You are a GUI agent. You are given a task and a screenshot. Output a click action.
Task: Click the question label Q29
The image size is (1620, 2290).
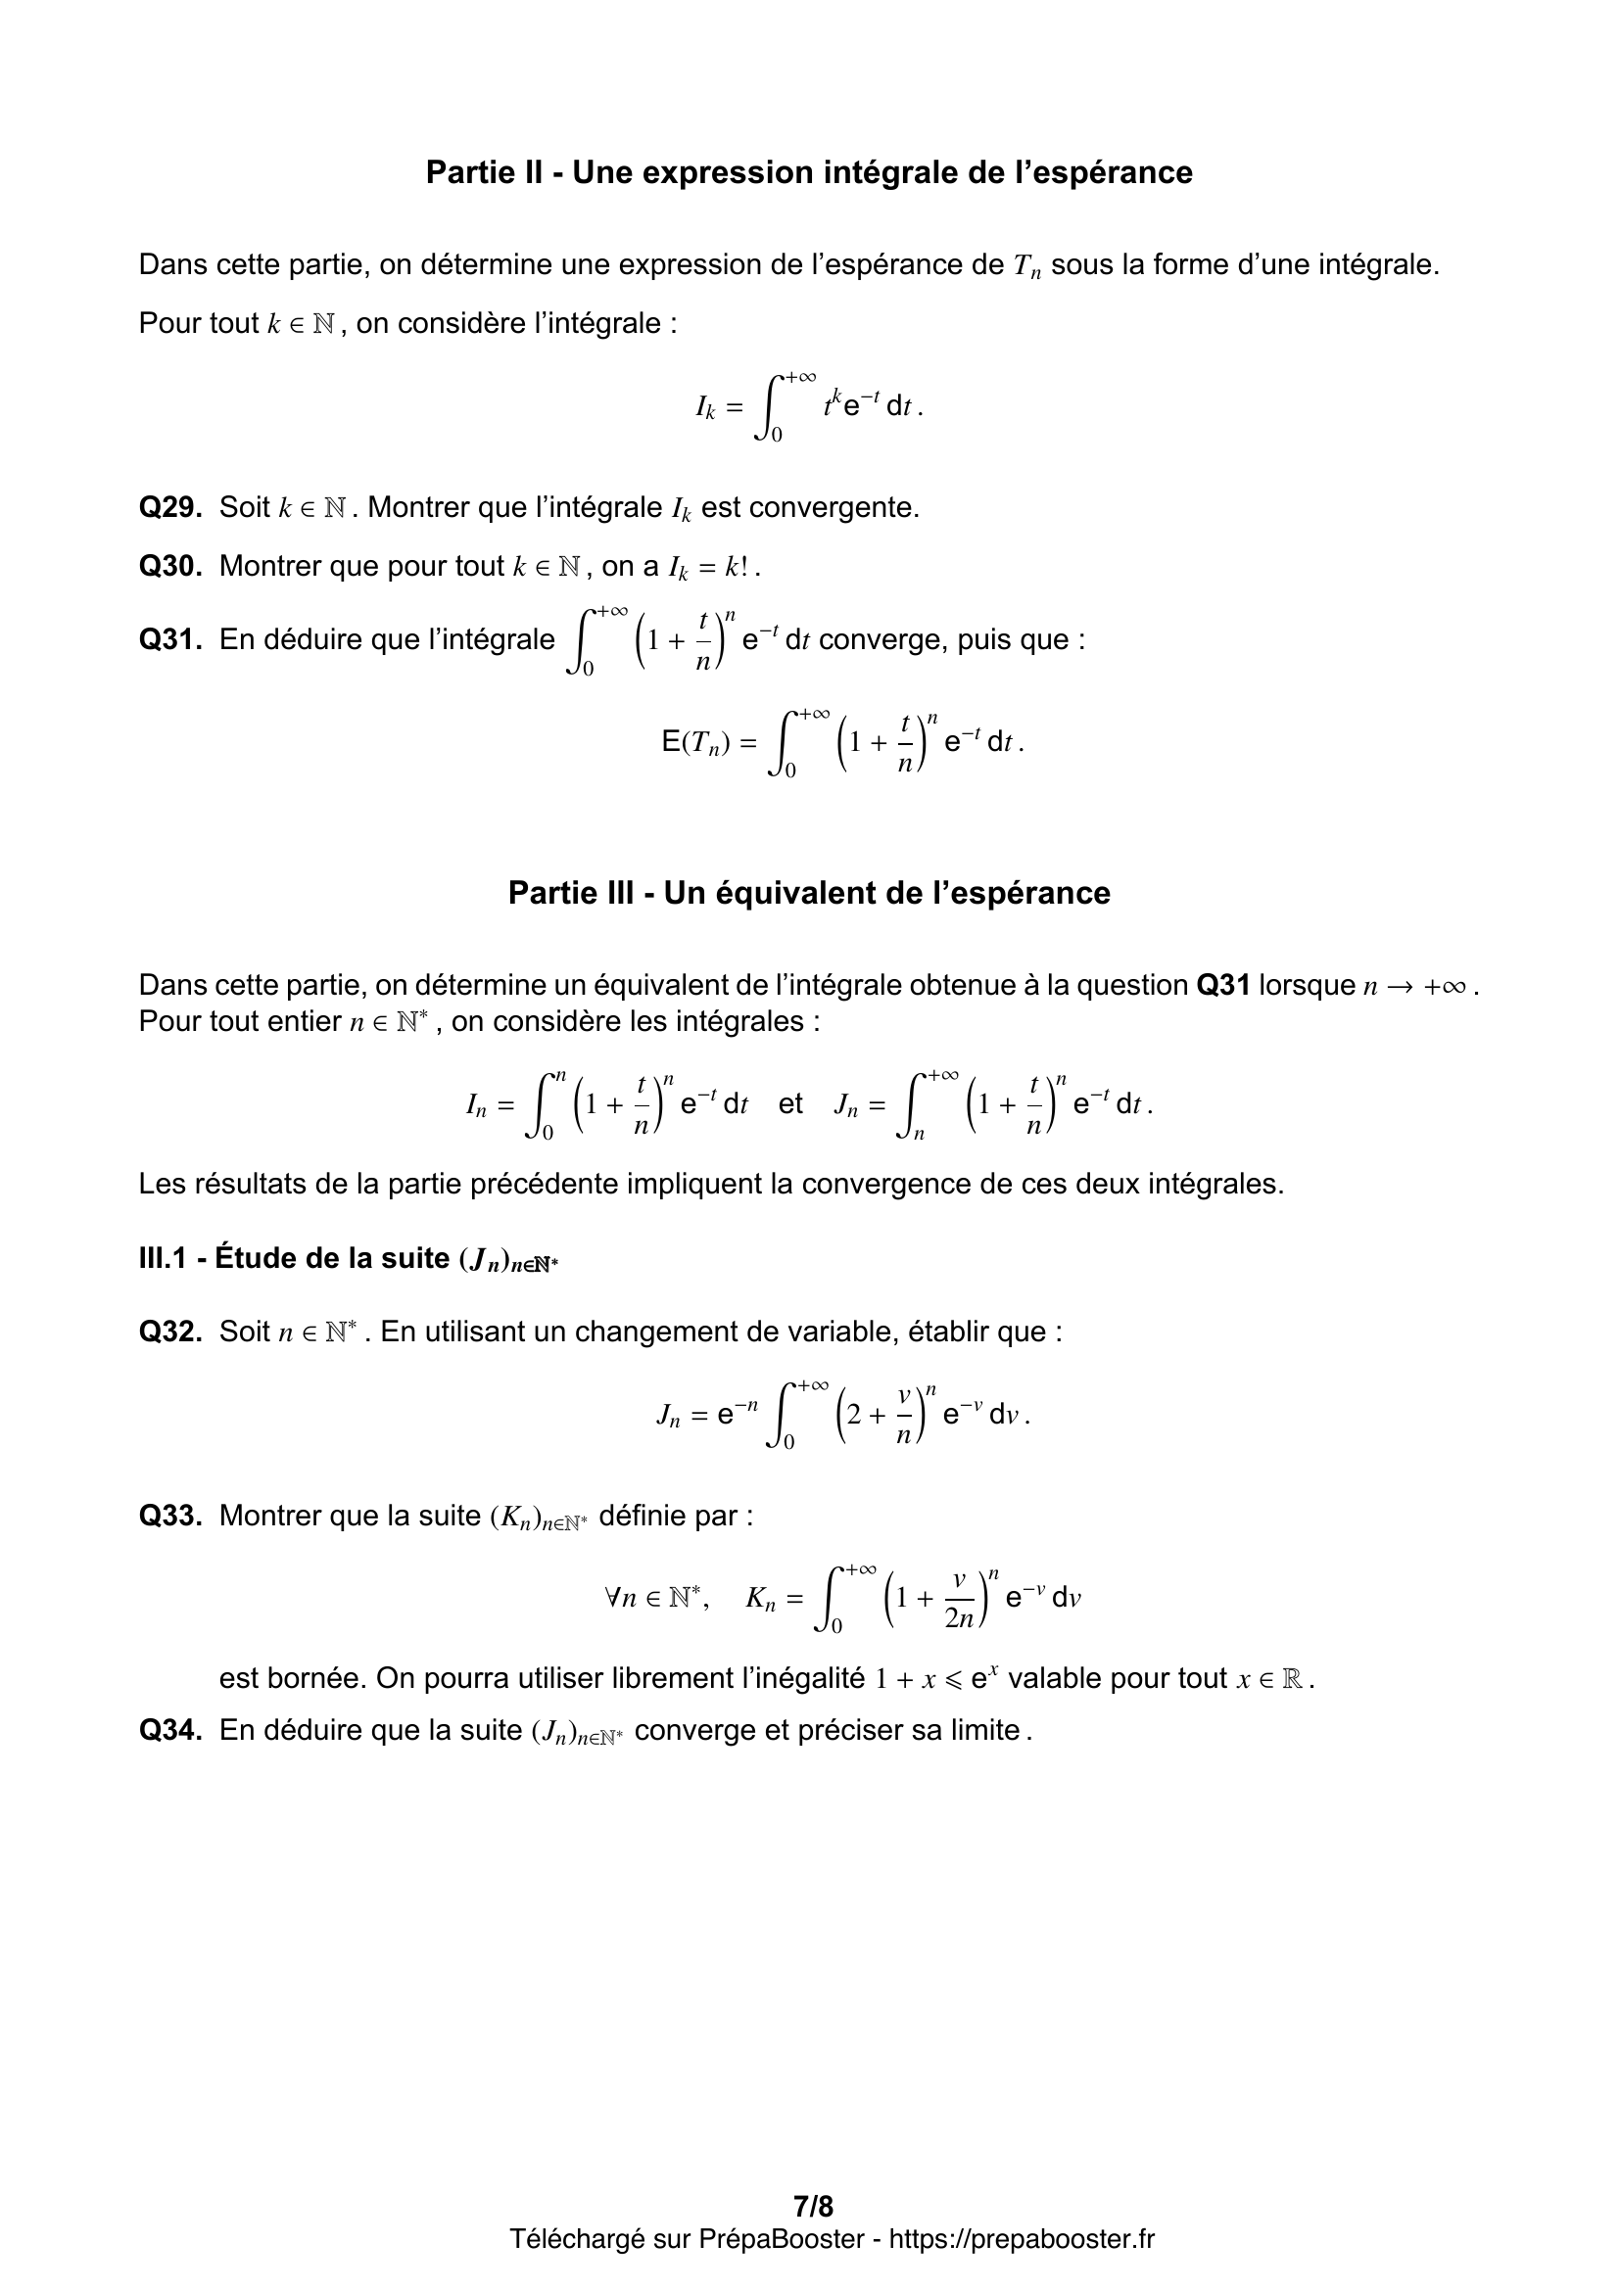170,508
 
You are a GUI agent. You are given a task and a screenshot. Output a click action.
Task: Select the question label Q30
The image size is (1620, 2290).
170,567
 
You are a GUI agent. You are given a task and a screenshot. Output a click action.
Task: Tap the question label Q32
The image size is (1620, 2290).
170,1332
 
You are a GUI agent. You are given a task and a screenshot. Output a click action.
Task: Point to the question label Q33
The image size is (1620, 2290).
170,1516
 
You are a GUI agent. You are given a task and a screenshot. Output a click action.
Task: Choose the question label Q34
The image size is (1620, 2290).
170,1729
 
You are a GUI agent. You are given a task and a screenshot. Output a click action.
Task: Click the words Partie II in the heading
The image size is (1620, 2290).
484,172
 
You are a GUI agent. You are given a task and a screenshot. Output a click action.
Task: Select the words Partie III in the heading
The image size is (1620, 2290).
571,893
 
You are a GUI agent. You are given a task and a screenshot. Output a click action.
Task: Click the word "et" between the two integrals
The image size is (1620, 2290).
790,1104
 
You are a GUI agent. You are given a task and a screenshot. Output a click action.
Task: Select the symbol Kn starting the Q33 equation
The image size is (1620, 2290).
760,1599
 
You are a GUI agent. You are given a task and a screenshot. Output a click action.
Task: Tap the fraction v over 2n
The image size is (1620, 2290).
959,1600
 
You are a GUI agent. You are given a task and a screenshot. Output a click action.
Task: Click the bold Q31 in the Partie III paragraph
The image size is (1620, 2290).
1223,986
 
